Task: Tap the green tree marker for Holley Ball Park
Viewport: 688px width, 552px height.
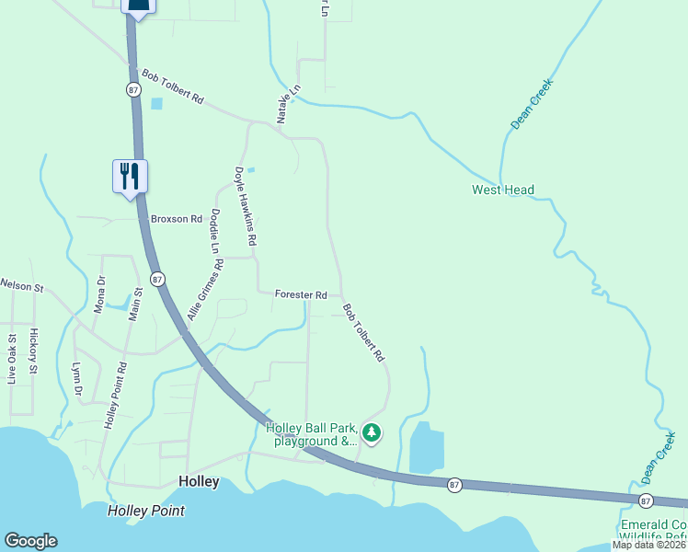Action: [x=372, y=431]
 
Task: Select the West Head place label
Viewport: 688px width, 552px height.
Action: [x=503, y=190]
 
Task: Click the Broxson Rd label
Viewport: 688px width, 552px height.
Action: [x=176, y=219]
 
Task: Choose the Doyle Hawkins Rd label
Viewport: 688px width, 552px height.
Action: [x=245, y=205]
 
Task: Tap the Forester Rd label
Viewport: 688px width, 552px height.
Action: [x=301, y=294]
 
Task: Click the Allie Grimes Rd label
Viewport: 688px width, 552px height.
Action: [x=205, y=290]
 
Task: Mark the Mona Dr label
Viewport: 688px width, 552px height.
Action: [x=99, y=293]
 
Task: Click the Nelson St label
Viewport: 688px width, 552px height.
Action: [x=22, y=286]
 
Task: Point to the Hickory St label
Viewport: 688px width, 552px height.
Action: [x=33, y=351]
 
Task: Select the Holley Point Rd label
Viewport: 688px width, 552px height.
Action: [x=115, y=397]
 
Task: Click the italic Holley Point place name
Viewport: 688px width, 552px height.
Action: [x=145, y=511]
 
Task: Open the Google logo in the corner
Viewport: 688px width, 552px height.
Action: [x=30, y=541]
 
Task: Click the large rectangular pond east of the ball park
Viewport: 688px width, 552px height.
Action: [x=426, y=448]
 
